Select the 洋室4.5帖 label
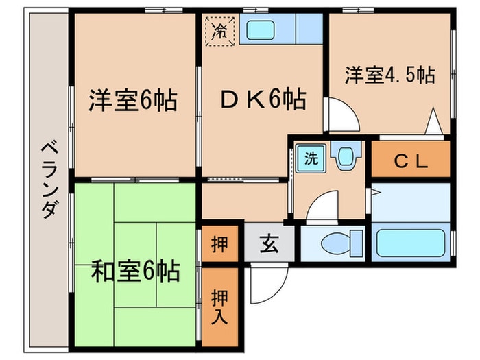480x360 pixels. coord(389,74)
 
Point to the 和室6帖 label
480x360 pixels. coord(136,271)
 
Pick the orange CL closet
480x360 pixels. coord(410,162)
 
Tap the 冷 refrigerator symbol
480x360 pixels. coord(221,29)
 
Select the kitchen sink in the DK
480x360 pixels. coord(261,31)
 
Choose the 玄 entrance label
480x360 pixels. coord(269,243)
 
